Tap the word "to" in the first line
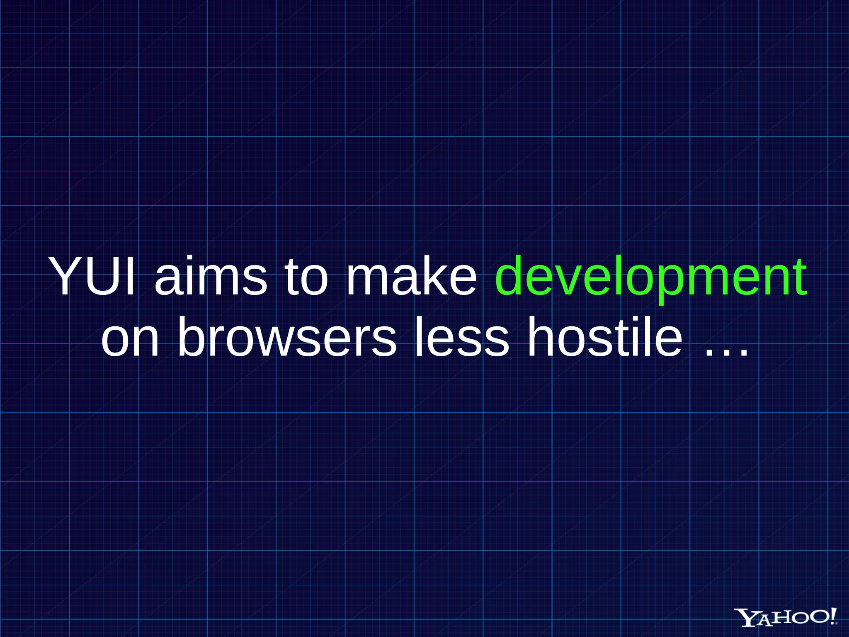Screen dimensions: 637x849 click(x=306, y=277)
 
